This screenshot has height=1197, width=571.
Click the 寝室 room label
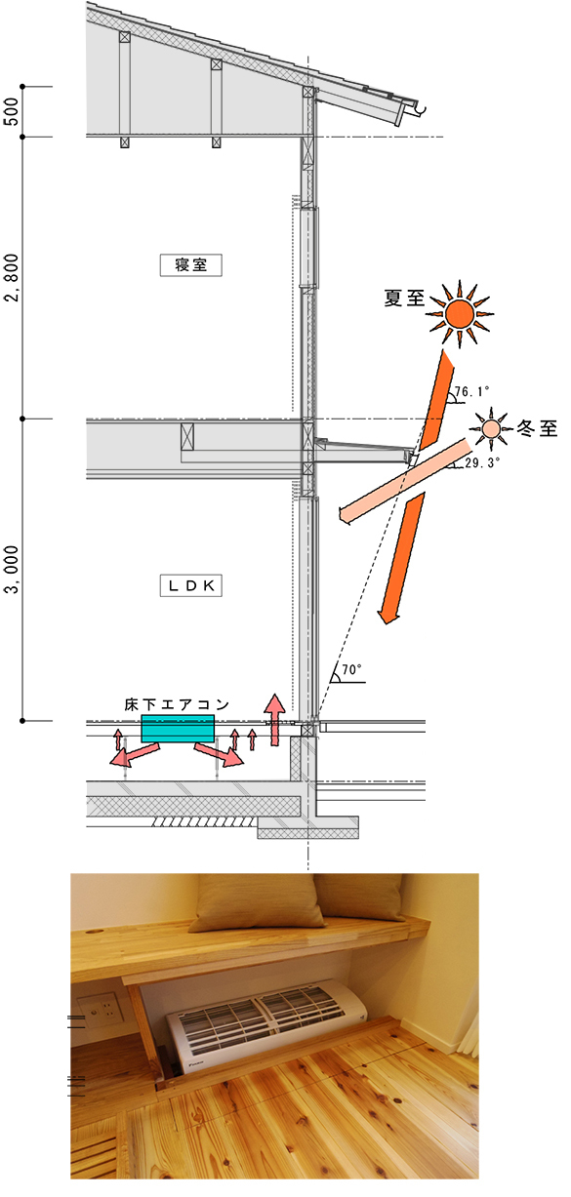click(191, 265)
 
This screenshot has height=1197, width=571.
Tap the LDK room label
click(191, 586)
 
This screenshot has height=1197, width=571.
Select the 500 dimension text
click(12, 111)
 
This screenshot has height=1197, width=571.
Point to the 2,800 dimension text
click(12, 277)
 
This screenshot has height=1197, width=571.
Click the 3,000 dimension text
click(12, 569)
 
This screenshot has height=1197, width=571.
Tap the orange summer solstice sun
click(460, 313)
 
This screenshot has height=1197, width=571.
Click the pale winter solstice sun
click(490, 428)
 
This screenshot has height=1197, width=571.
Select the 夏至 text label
click(404, 299)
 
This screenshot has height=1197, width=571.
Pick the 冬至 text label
click(537, 428)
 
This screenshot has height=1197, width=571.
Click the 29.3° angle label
click(482, 462)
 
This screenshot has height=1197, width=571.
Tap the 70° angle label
click(351, 669)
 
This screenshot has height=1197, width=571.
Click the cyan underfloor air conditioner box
click(178, 729)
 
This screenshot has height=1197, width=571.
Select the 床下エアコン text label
click(177, 705)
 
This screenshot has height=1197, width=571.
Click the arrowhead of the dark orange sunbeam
click(388, 615)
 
